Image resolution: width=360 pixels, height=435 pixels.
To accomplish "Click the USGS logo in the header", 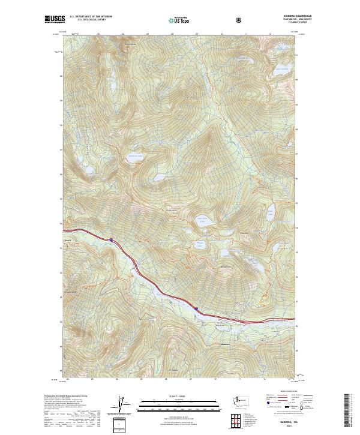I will point(55,20).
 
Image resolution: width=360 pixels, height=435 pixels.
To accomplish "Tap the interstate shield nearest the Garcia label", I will point(111,240).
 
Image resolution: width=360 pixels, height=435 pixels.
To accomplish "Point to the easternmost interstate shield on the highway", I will point(196,308).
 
